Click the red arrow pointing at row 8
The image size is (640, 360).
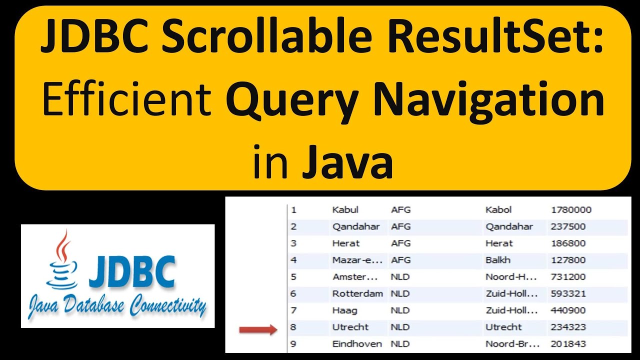pyautogui.click(x=257, y=329)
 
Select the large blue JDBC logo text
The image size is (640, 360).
pyautogui.click(x=132, y=272)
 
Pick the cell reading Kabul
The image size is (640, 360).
pyautogui.click(x=345, y=210)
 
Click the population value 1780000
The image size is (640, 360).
pyautogui.click(x=571, y=210)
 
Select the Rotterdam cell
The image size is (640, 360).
pyautogui.click(x=357, y=293)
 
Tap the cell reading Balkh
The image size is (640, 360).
pyautogui.click(x=497, y=260)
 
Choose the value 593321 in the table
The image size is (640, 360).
pyautogui.click(x=567, y=293)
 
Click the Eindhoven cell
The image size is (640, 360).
pyautogui.click(x=357, y=344)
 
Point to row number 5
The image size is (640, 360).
pyautogui.click(x=293, y=277)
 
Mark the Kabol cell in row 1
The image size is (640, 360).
pyautogui.click(x=498, y=210)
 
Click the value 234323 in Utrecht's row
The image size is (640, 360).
pyautogui.click(x=567, y=327)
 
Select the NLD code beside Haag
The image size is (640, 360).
pyautogui.click(x=400, y=310)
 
